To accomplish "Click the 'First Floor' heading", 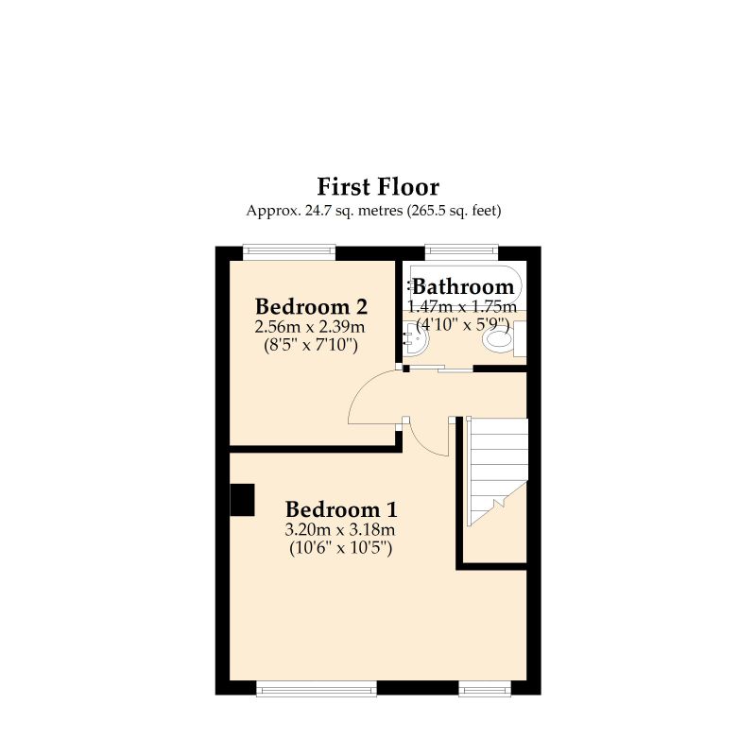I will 378,186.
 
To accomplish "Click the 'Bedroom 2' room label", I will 311,307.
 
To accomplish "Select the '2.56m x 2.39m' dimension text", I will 311,327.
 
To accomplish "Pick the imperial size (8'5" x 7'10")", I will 311,345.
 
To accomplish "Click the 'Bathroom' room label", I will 463,287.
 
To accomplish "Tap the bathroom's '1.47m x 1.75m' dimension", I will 462,306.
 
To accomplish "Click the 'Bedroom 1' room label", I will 340,507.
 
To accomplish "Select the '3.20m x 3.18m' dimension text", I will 340,528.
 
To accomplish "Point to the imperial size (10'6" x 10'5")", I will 340,546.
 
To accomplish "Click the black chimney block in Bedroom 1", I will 243,500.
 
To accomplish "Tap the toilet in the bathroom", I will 498,338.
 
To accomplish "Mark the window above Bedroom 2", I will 289,252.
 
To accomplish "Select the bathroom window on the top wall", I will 461,252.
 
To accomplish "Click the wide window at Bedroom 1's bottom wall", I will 317,689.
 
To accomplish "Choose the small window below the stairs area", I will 486,689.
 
